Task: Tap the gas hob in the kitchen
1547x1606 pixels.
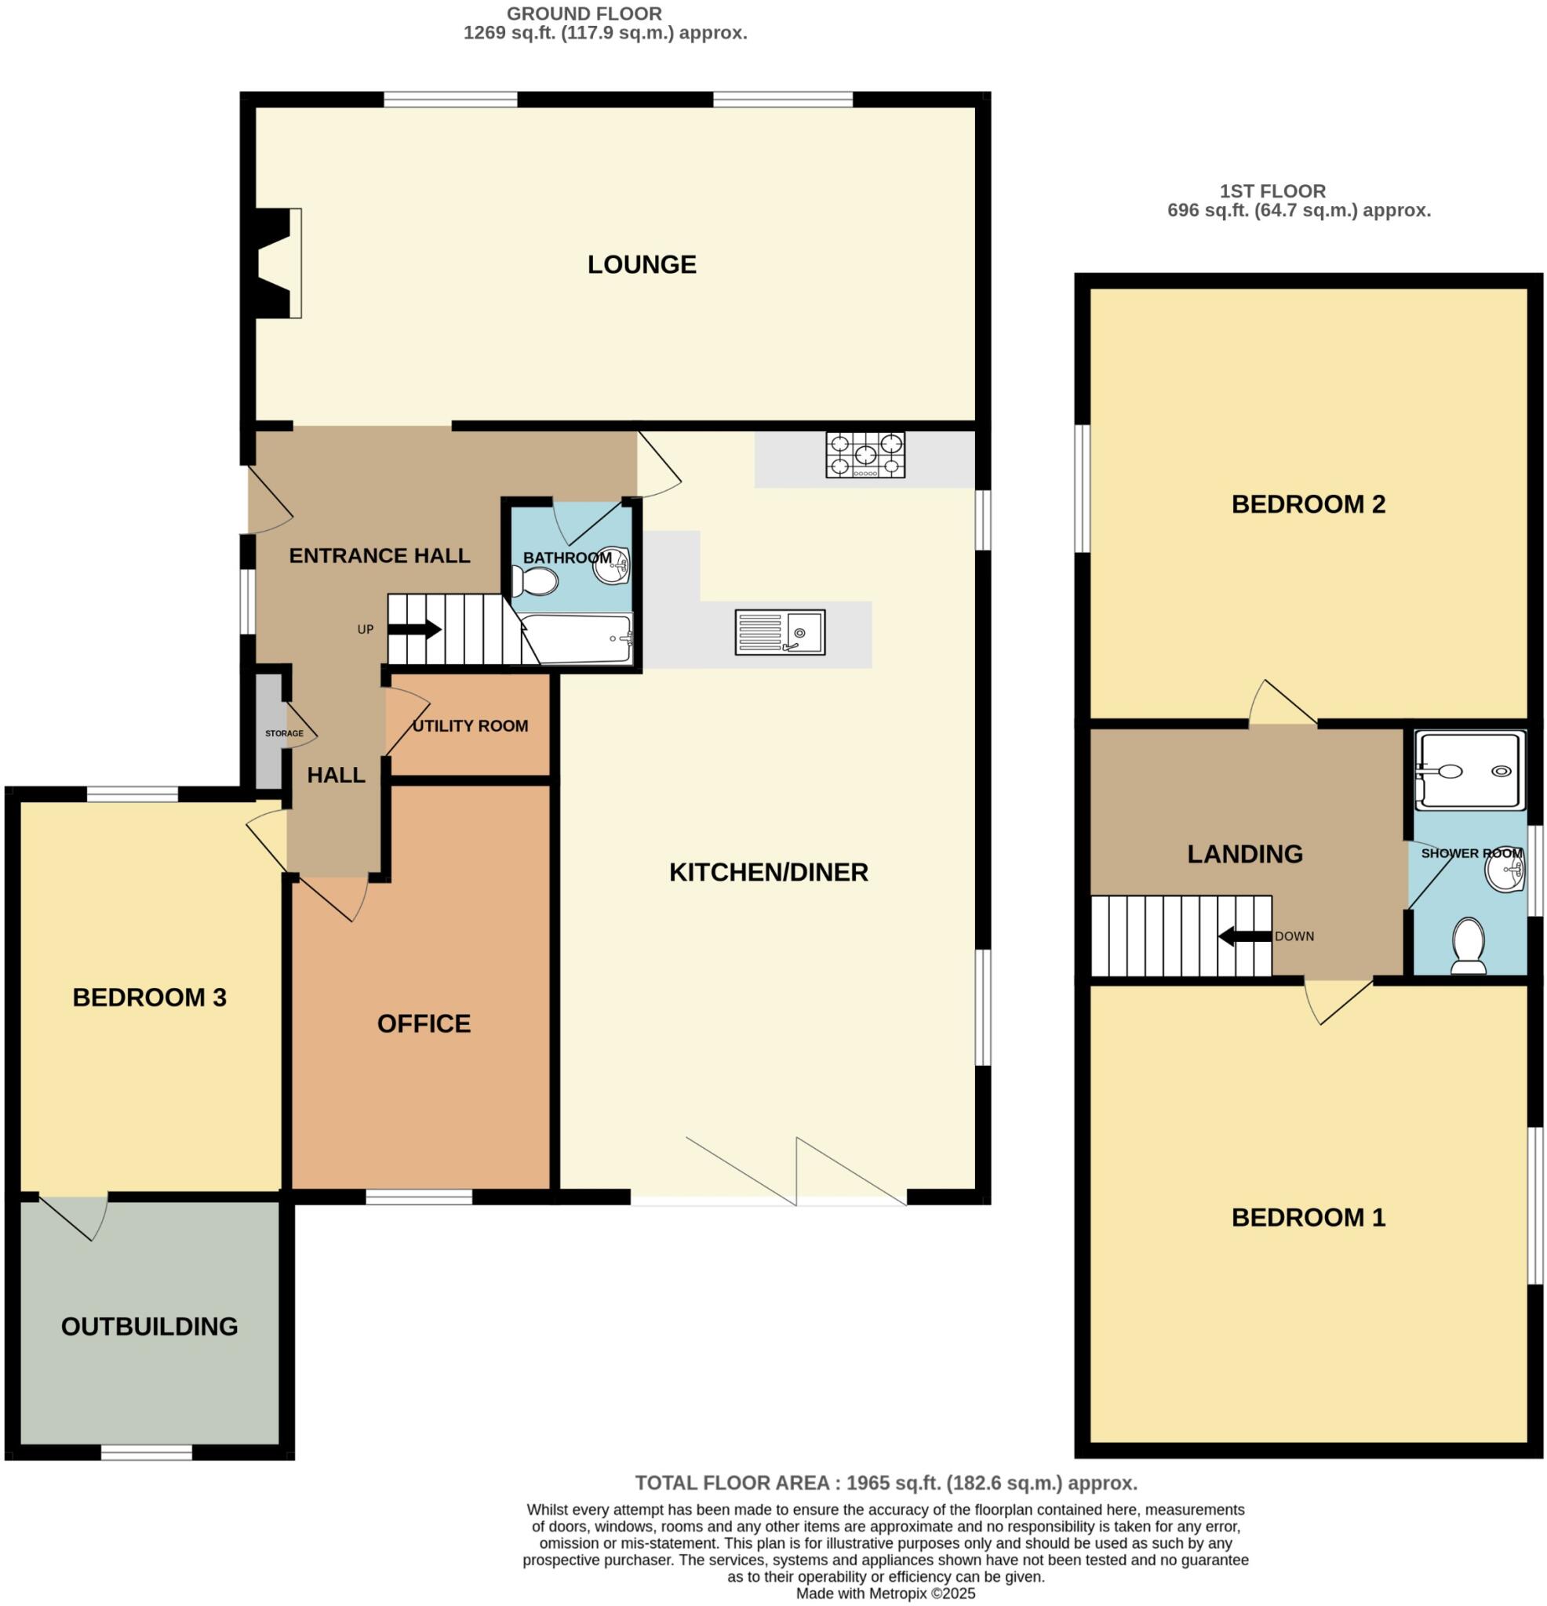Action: [865, 455]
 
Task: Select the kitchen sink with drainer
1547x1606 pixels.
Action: [779, 632]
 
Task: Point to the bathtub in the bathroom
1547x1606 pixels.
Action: [577, 639]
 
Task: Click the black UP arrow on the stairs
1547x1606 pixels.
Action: [414, 629]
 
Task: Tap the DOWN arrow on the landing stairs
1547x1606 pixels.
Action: [1243, 936]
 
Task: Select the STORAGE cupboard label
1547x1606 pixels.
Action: [284, 733]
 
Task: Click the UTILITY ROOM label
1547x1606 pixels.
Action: [470, 726]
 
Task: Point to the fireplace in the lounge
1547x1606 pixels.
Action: [277, 263]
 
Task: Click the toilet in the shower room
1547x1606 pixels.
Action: [1468, 945]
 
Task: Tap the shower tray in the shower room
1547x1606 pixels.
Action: [1470, 771]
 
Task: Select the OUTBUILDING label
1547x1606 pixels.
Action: [149, 1327]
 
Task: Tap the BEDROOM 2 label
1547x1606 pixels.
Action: [1308, 504]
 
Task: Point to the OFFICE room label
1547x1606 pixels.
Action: [424, 1023]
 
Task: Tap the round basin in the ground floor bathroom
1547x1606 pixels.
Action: [610, 565]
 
